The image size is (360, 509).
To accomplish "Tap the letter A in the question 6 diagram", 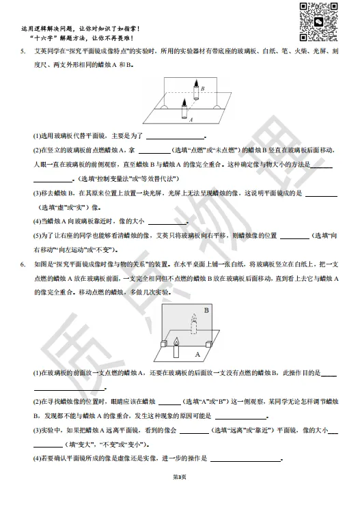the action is (197, 355).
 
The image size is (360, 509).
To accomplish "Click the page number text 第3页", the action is (179, 494).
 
